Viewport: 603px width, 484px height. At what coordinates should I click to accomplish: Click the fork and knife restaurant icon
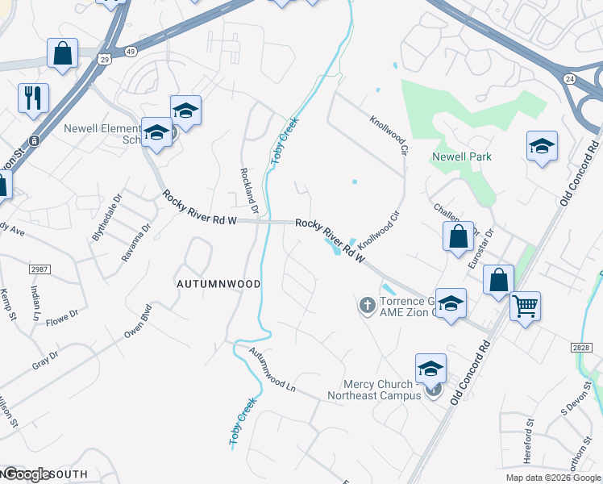(x=33, y=98)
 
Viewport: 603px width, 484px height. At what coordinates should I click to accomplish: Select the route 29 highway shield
(x=104, y=59)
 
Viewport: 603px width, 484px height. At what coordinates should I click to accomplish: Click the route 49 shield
(x=130, y=51)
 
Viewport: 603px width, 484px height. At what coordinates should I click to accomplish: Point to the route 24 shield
(x=569, y=79)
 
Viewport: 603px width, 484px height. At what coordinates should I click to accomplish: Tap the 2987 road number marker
(x=40, y=269)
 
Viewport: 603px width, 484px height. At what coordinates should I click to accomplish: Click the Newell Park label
(x=462, y=156)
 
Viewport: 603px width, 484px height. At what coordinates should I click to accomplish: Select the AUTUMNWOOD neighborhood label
(x=218, y=285)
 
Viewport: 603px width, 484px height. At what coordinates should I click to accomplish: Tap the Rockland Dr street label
(x=248, y=191)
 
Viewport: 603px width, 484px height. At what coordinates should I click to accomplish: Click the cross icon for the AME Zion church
(x=367, y=305)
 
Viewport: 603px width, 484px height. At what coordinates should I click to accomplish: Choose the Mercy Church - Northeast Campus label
(x=374, y=390)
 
